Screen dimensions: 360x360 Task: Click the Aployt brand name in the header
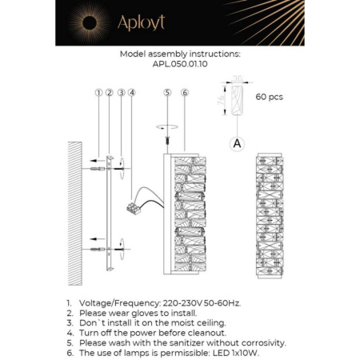[146, 22]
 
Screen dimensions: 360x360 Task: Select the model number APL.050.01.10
[179, 65]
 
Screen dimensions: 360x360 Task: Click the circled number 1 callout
[98, 93]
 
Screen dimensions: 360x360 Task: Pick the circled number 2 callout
[109, 93]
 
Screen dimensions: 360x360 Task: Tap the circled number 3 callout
[120, 93]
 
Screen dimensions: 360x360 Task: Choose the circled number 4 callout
[131, 93]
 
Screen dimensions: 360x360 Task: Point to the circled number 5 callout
[167, 93]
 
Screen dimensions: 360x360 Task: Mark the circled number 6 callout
[185, 93]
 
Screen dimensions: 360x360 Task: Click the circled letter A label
[237, 143]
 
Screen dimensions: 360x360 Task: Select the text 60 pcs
[270, 98]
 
